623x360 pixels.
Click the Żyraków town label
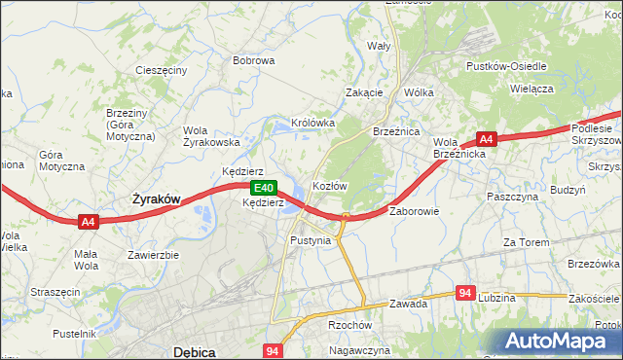(156, 198)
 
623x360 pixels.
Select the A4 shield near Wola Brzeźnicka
(487, 139)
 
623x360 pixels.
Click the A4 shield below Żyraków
(89, 222)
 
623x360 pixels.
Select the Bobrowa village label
(253, 60)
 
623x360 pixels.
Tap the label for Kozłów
(329, 185)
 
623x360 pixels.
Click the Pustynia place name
(311, 239)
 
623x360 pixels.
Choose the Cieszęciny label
(162, 71)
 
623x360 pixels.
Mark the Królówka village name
(312, 124)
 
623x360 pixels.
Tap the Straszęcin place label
(55, 291)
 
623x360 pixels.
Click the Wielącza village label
(531, 88)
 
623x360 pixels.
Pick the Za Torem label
(527, 241)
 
